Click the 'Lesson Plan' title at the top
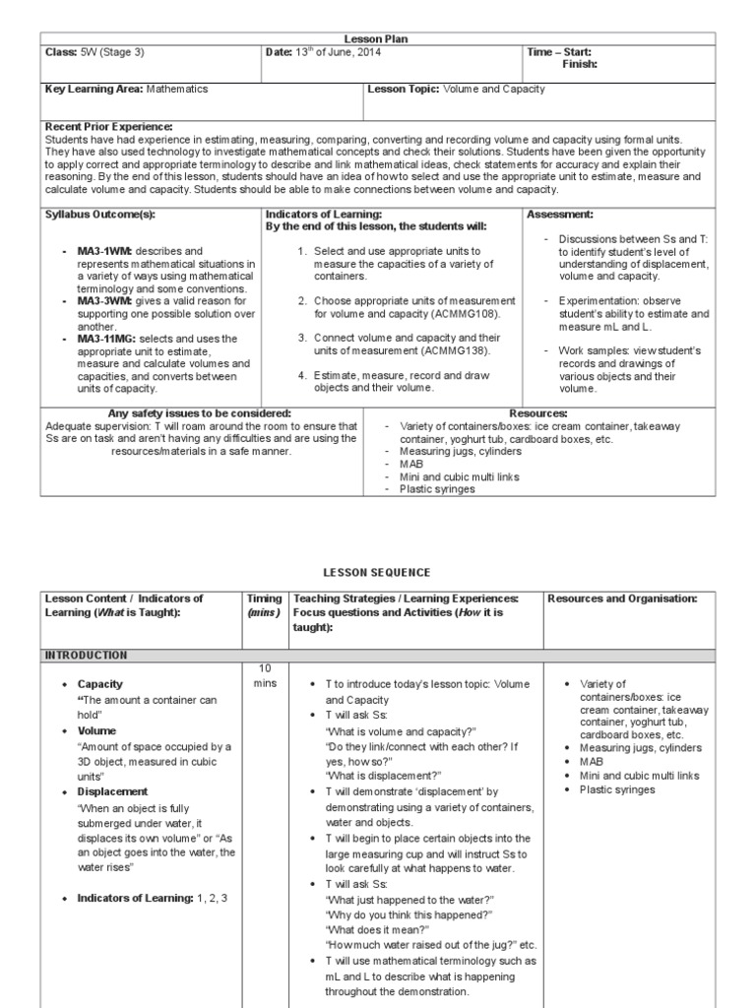(377, 38)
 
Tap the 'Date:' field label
(280, 51)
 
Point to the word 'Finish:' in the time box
(580, 64)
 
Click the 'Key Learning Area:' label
(94, 89)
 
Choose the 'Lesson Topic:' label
(405, 89)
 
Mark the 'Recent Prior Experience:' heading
(108, 127)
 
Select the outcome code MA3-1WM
(104, 251)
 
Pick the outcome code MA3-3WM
(104, 301)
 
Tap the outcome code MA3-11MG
(107, 339)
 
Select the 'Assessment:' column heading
(560, 214)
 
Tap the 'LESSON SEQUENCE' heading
(377, 572)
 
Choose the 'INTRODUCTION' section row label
(86, 655)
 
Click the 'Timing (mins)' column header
(264, 604)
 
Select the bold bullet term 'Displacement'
(112, 791)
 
